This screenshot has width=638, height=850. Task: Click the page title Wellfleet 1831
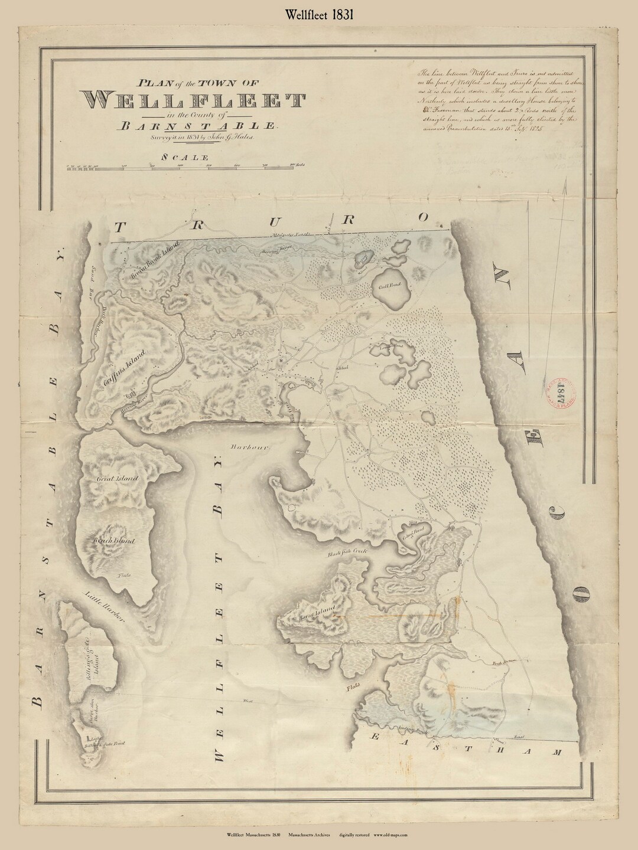pos(318,16)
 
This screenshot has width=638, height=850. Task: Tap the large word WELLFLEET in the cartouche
pos(196,102)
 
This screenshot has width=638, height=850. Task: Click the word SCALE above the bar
pos(184,157)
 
